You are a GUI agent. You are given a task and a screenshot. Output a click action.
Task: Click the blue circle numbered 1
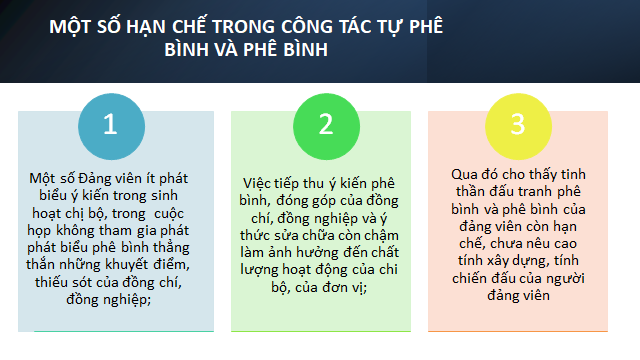click(x=111, y=127)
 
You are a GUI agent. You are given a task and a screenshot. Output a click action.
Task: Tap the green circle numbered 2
click(x=327, y=127)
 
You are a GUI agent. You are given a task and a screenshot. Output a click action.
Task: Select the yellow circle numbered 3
click(x=518, y=127)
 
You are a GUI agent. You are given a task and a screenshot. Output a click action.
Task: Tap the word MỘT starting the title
click(x=70, y=27)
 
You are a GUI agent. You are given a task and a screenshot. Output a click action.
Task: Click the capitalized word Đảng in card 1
click(x=95, y=179)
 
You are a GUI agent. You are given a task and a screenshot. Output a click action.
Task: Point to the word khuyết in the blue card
click(x=127, y=265)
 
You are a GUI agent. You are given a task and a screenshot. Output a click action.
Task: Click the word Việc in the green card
click(x=257, y=184)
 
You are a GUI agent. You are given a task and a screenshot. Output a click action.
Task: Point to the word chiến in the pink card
click(x=469, y=278)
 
